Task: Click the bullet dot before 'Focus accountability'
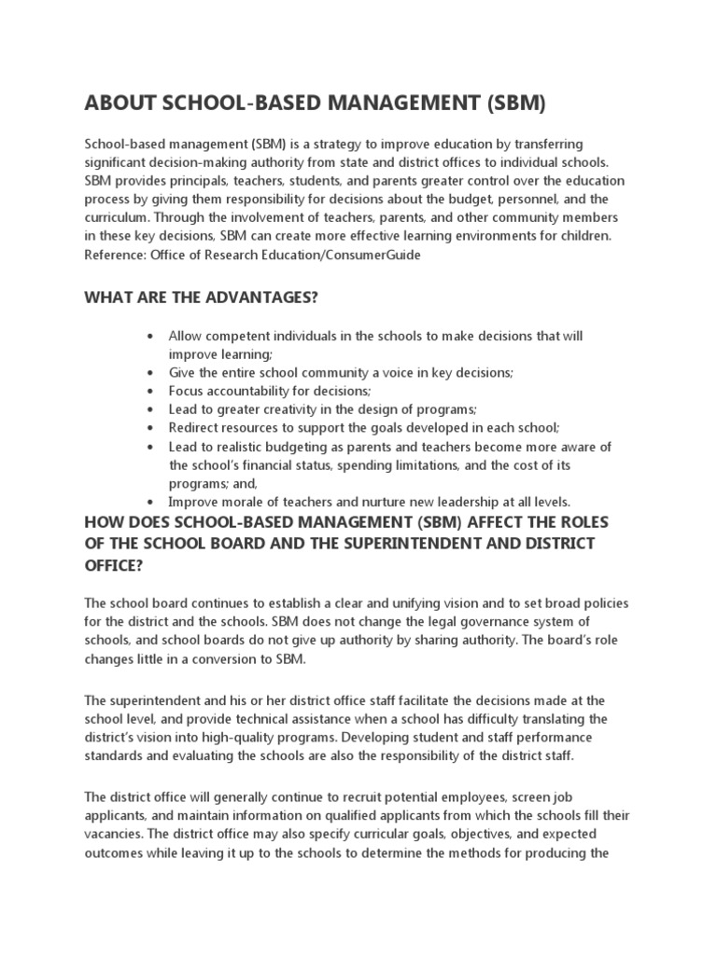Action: point(149,391)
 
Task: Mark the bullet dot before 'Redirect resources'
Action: point(149,428)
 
